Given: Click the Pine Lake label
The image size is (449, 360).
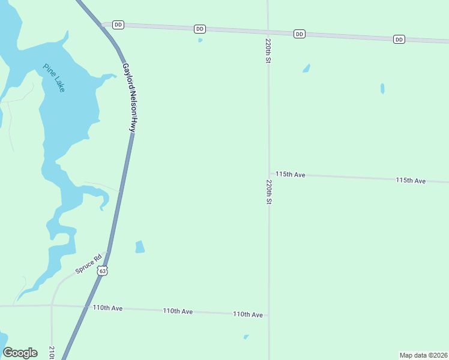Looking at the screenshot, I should point(54,77).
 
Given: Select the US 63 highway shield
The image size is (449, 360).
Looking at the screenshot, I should point(103,271).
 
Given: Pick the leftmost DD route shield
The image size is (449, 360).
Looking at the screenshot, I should point(118,25).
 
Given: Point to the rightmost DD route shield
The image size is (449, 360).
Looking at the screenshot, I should point(399,40).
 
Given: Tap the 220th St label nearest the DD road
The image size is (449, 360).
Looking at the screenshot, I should point(268,52).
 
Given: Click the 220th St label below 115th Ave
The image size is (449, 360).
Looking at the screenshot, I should point(269,192).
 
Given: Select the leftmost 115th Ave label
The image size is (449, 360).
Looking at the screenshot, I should point(291,175).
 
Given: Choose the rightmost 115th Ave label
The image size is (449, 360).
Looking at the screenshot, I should point(411,181).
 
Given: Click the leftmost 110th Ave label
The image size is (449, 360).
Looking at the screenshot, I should point(107,308).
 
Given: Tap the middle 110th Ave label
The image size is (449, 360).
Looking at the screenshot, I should point(178,311).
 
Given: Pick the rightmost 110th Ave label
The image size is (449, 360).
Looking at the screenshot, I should point(248,314).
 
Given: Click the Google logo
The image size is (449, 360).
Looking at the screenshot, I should point(20,353).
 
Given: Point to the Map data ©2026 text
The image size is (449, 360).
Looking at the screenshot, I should point(423,355).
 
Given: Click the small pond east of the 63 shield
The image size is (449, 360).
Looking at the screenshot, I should point(140,247).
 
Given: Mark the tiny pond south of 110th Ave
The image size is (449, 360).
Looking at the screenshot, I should point(246,337).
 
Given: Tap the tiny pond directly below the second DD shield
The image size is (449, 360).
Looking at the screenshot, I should point(200,41).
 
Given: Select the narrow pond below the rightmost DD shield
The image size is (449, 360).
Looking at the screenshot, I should point(382,89).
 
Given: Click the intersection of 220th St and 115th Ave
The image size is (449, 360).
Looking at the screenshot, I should point(268,175).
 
